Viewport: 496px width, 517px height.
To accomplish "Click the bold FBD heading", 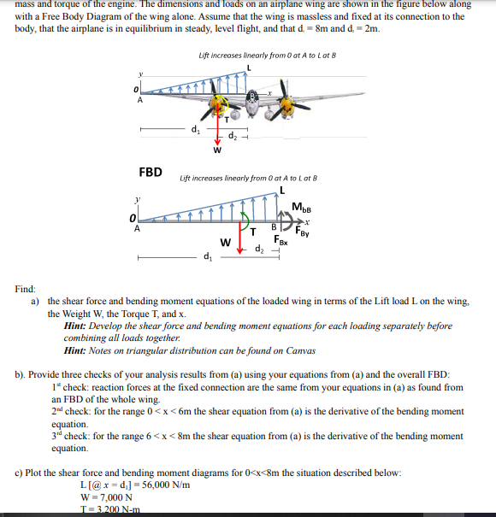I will click(151, 172).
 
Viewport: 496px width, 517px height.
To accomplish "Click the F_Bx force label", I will click(280, 242).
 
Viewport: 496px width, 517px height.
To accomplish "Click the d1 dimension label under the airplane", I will click(195, 130).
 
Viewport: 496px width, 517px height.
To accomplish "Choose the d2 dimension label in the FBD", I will click(261, 249).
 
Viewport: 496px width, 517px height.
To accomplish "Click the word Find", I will click(25, 290).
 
